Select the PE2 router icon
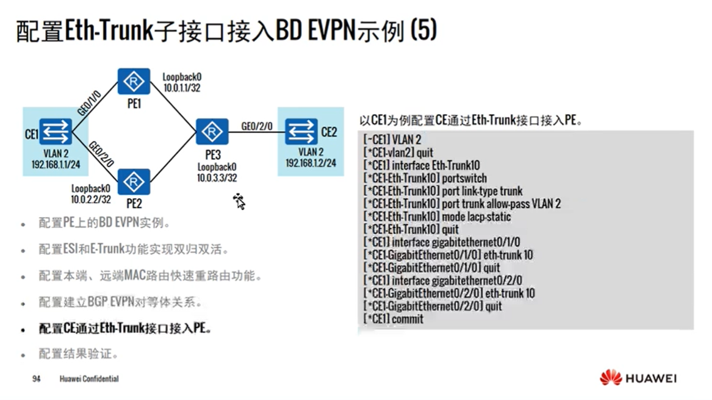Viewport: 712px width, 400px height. tap(134, 181)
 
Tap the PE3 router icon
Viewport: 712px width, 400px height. tap(212, 131)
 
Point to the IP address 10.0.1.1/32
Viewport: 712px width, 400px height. tap(182, 88)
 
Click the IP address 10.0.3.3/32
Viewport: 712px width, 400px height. tap(217, 177)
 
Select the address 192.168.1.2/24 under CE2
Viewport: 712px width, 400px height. tap(311, 163)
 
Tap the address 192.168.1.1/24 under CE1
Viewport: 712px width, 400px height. tap(56, 165)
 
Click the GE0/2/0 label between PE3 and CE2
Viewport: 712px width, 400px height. tap(257, 127)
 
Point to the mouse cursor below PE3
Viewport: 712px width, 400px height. tap(239, 201)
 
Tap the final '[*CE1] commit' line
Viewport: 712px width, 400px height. tap(393, 319)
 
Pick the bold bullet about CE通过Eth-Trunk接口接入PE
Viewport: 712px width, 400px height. tap(125, 329)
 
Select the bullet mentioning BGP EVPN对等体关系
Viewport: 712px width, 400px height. tap(120, 302)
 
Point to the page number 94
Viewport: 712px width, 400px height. tap(36, 379)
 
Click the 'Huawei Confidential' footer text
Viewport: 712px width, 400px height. tap(89, 379)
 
